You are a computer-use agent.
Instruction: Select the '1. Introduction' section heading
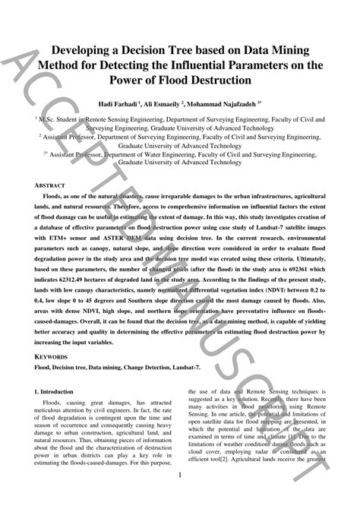(x=62, y=391)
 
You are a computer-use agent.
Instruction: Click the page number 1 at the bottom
(x=180, y=476)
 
